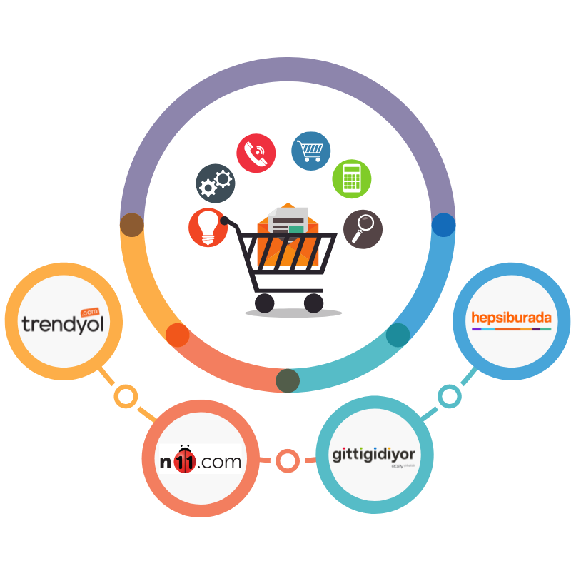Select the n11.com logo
201,461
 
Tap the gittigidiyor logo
373,455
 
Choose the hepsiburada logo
511,318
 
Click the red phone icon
256,153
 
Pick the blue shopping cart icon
310,151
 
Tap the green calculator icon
352,178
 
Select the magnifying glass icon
363,228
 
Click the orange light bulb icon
208,228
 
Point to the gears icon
216,183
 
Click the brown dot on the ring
132,225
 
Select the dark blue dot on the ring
443,225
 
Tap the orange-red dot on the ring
177,335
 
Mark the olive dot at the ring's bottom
288,380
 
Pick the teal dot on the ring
398,335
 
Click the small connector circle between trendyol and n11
126,396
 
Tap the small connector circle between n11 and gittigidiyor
288,461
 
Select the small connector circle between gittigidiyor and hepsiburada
450,396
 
